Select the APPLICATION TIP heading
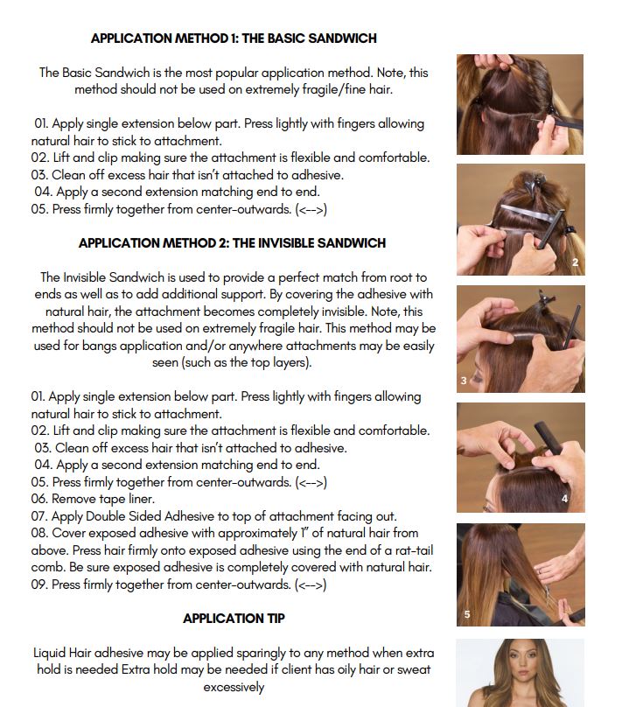pos(234,619)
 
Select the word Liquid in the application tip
pos(51,654)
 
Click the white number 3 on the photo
pos(464,381)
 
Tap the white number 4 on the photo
pos(565,499)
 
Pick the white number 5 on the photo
pos(467,614)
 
